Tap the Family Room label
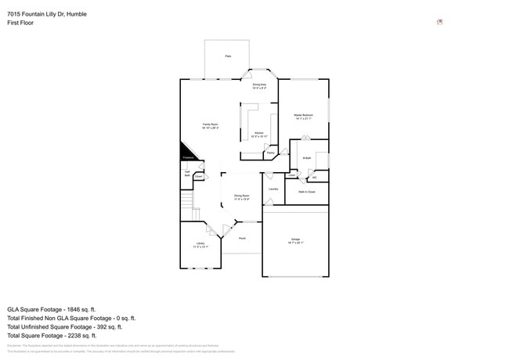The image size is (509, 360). pyautogui.click(x=210, y=125)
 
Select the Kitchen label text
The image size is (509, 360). pyautogui.click(x=258, y=135)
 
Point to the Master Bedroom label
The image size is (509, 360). pyautogui.click(x=303, y=117)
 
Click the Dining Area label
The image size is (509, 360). pyautogui.click(x=259, y=85)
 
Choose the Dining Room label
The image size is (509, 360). pyautogui.click(x=241, y=196)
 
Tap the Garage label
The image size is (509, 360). pyautogui.click(x=295, y=240)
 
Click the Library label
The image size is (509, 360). pyautogui.click(x=200, y=246)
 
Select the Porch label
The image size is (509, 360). pyautogui.click(x=242, y=238)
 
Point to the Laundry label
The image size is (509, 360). pyautogui.click(x=273, y=189)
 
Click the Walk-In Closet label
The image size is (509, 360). pyautogui.click(x=306, y=191)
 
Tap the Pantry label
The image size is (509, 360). pyautogui.click(x=270, y=153)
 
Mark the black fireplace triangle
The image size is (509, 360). pyautogui.click(x=187, y=152)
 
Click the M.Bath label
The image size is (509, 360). pyautogui.click(x=307, y=158)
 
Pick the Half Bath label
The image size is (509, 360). pyautogui.click(x=187, y=174)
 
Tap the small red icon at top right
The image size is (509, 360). pyautogui.click(x=439, y=22)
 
